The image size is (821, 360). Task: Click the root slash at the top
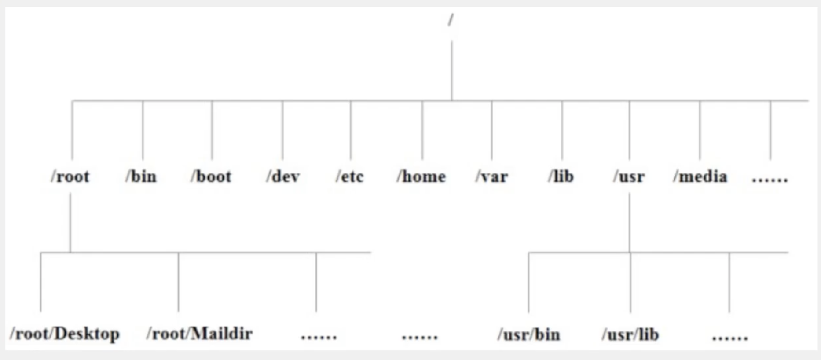(x=451, y=20)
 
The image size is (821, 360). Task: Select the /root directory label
(x=70, y=176)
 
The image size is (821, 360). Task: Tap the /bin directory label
(x=141, y=176)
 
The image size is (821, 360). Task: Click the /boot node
(x=211, y=176)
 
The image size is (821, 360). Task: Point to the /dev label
(x=283, y=176)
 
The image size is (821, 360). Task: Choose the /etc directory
(x=350, y=176)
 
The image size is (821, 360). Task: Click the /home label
(x=421, y=176)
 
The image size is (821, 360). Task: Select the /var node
(x=491, y=176)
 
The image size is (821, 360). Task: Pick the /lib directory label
(x=561, y=176)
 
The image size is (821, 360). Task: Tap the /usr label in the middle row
(x=629, y=176)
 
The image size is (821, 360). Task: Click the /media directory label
(x=700, y=176)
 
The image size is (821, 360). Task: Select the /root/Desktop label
(x=65, y=334)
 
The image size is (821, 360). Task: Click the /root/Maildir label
(x=200, y=334)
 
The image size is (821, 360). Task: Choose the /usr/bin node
(x=529, y=334)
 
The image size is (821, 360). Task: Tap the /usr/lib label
(x=630, y=334)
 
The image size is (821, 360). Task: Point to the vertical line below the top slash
(x=451, y=70)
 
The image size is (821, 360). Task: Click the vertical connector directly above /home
(x=422, y=130)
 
